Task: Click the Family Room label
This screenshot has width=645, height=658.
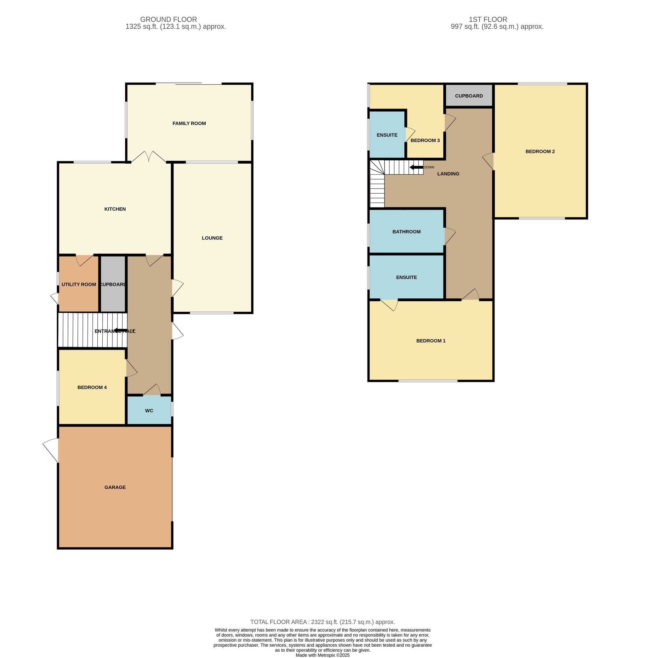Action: pyautogui.click(x=189, y=123)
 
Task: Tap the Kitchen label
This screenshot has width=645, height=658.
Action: pyautogui.click(x=115, y=209)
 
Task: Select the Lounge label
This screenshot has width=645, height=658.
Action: pyautogui.click(x=212, y=238)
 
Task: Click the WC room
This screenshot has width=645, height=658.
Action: pyautogui.click(x=149, y=410)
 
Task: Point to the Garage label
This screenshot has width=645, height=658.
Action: pyautogui.click(x=115, y=487)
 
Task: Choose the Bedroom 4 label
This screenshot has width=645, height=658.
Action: pyautogui.click(x=92, y=387)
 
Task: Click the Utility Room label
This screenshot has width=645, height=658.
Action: pyautogui.click(x=79, y=284)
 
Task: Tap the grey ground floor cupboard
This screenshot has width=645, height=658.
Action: pyautogui.click(x=113, y=284)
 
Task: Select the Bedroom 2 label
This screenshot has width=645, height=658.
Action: pyautogui.click(x=540, y=151)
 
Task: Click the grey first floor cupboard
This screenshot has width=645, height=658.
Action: pyautogui.click(x=469, y=95)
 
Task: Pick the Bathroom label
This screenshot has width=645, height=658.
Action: pyautogui.click(x=407, y=232)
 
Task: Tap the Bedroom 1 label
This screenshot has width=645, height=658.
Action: pyautogui.click(x=431, y=341)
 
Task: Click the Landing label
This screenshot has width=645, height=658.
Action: pyautogui.click(x=448, y=174)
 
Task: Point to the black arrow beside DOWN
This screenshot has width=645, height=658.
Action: pyautogui.click(x=416, y=167)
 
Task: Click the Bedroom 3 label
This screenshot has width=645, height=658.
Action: pyautogui.click(x=425, y=140)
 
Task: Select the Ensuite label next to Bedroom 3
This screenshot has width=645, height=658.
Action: pyautogui.click(x=387, y=135)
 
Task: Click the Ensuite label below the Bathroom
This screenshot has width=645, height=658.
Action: pyautogui.click(x=407, y=277)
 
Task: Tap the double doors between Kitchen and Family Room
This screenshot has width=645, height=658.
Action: pyautogui.click(x=149, y=157)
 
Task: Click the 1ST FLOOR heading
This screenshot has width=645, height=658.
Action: pyautogui.click(x=488, y=19)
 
